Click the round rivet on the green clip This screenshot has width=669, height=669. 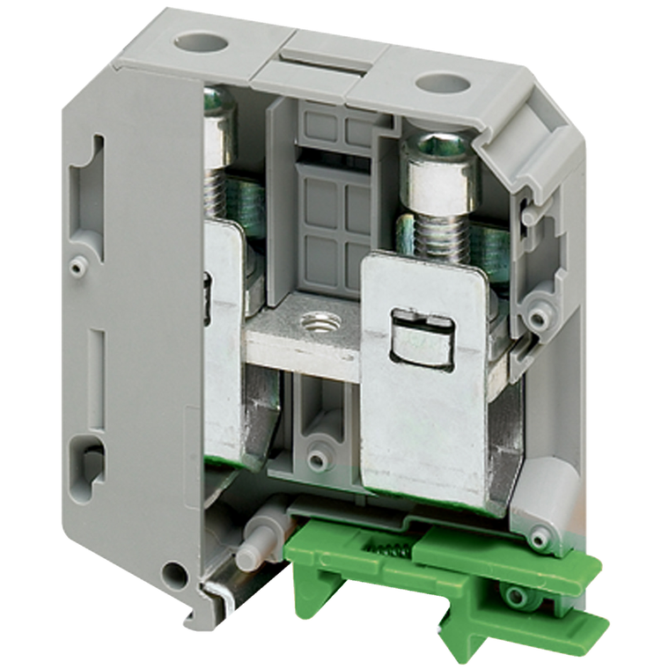tap(516, 596)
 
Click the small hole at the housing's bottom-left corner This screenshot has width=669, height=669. tap(177, 577)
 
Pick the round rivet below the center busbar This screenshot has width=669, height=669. tap(315, 459)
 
